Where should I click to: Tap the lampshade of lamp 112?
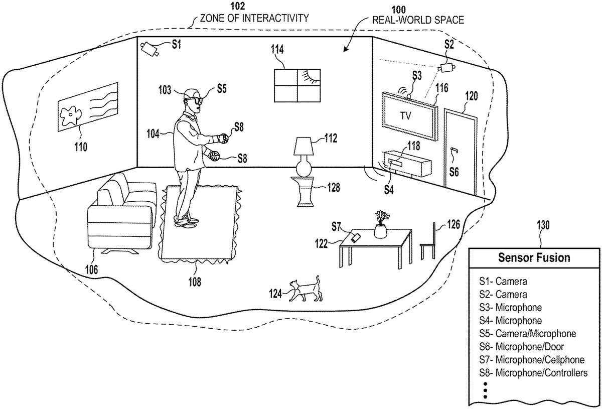click(304, 146)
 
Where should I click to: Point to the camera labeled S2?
click(446, 67)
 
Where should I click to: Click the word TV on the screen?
click(405, 116)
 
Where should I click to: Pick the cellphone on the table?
click(356, 237)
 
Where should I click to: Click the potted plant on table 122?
click(381, 224)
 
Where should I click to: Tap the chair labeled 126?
click(428, 241)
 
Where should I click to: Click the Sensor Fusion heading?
click(534, 257)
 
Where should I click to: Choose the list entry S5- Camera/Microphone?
click(528, 333)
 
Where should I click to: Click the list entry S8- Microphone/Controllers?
click(533, 373)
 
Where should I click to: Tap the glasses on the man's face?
click(194, 100)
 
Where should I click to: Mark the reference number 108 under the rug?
click(195, 282)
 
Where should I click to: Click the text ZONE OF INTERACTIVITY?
click(254, 18)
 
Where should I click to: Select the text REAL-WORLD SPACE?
click(418, 20)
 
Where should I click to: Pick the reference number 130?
click(543, 225)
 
